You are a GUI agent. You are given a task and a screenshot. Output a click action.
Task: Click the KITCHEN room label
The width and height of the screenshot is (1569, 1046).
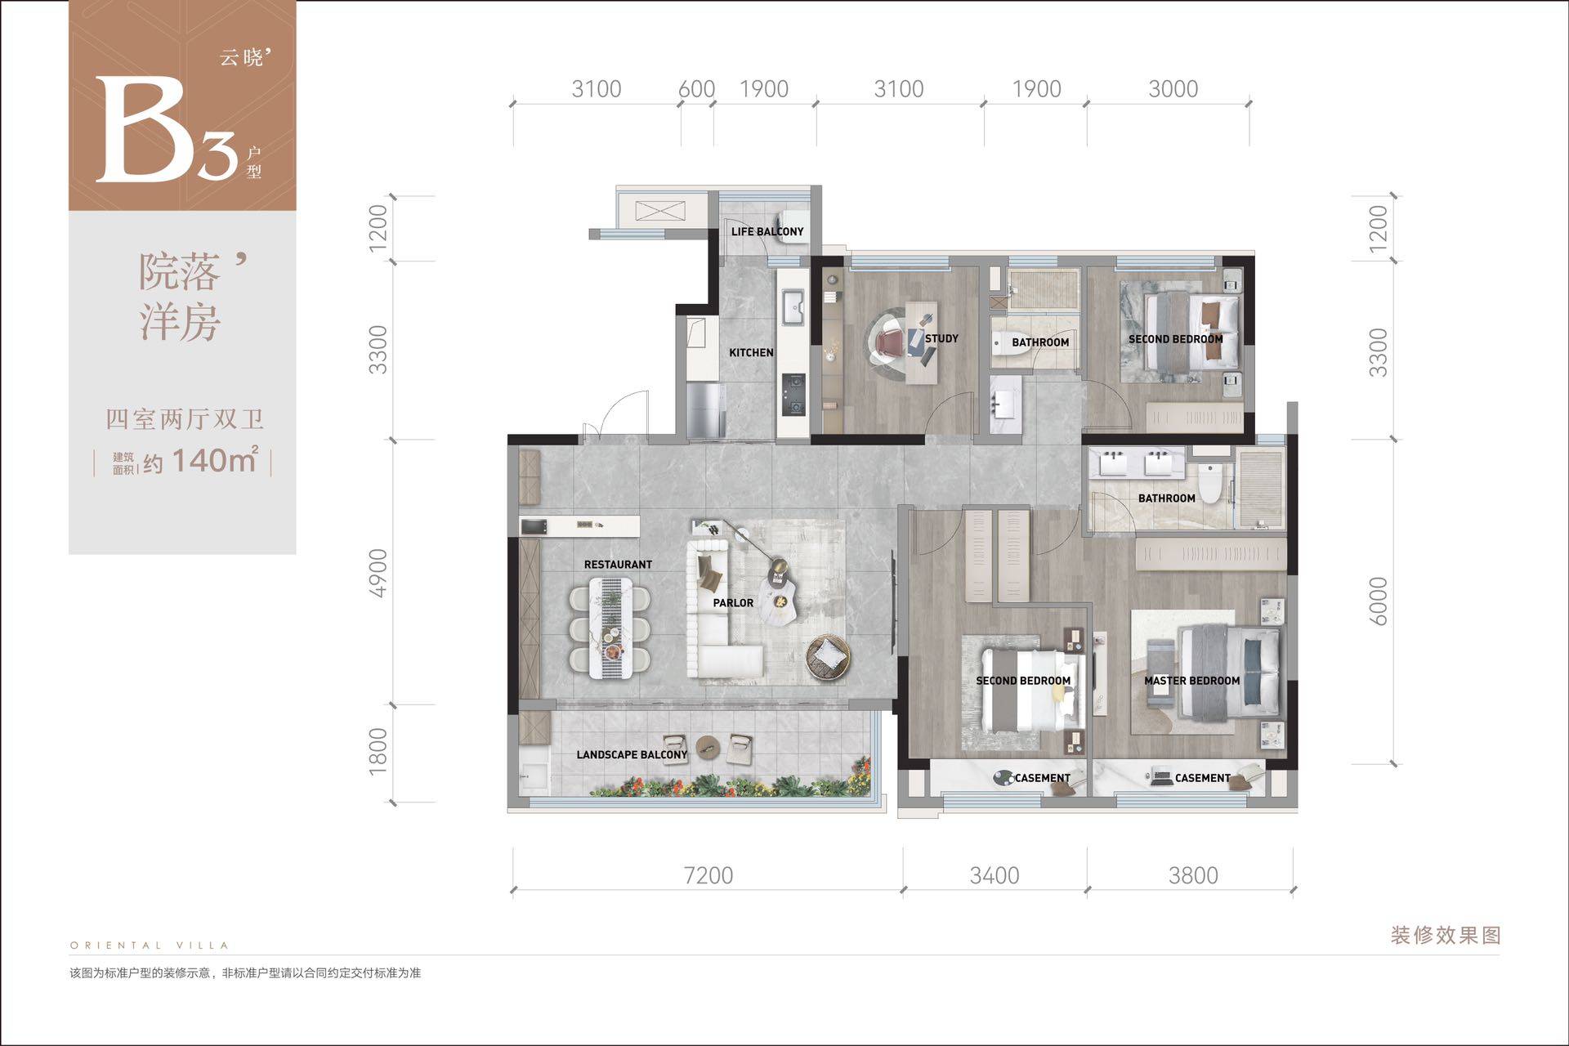pyautogui.click(x=751, y=353)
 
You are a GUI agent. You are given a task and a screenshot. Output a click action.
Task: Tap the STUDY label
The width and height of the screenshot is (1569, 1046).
pyautogui.click(x=941, y=338)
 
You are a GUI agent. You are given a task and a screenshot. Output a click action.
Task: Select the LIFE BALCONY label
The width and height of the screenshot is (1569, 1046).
pyautogui.click(x=767, y=231)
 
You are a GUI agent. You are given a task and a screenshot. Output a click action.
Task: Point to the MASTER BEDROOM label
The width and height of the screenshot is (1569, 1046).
pyautogui.click(x=1191, y=681)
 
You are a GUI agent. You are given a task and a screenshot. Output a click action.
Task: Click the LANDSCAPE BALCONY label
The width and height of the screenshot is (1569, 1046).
pyautogui.click(x=632, y=754)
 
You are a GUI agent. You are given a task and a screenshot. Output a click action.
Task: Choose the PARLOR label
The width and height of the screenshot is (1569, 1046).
pyautogui.click(x=733, y=603)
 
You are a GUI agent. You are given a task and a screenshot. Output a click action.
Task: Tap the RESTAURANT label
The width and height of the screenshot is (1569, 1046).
pyautogui.click(x=618, y=565)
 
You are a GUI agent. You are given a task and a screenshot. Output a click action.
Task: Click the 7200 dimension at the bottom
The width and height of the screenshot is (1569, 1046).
pyautogui.click(x=709, y=875)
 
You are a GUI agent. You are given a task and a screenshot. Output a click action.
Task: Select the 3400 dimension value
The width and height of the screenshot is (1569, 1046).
pyautogui.click(x=995, y=875)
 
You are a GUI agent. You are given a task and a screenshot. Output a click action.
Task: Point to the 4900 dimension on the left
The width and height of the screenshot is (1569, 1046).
pyautogui.click(x=378, y=573)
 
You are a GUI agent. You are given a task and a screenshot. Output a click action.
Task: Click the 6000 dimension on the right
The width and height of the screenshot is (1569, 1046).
pyautogui.click(x=1378, y=601)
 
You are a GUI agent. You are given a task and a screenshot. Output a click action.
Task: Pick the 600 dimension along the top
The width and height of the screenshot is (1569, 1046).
pyautogui.click(x=697, y=88)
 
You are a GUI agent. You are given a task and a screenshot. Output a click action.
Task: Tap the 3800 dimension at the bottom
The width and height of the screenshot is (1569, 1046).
pyautogui.click(x=1193, y=875)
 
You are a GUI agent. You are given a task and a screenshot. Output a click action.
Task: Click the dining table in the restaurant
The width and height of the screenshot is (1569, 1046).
pyautogui.click(x=611, y=628)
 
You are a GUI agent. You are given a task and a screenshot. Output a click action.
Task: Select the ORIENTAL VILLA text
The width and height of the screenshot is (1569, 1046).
pyautogui.click(x=150, y=945)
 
